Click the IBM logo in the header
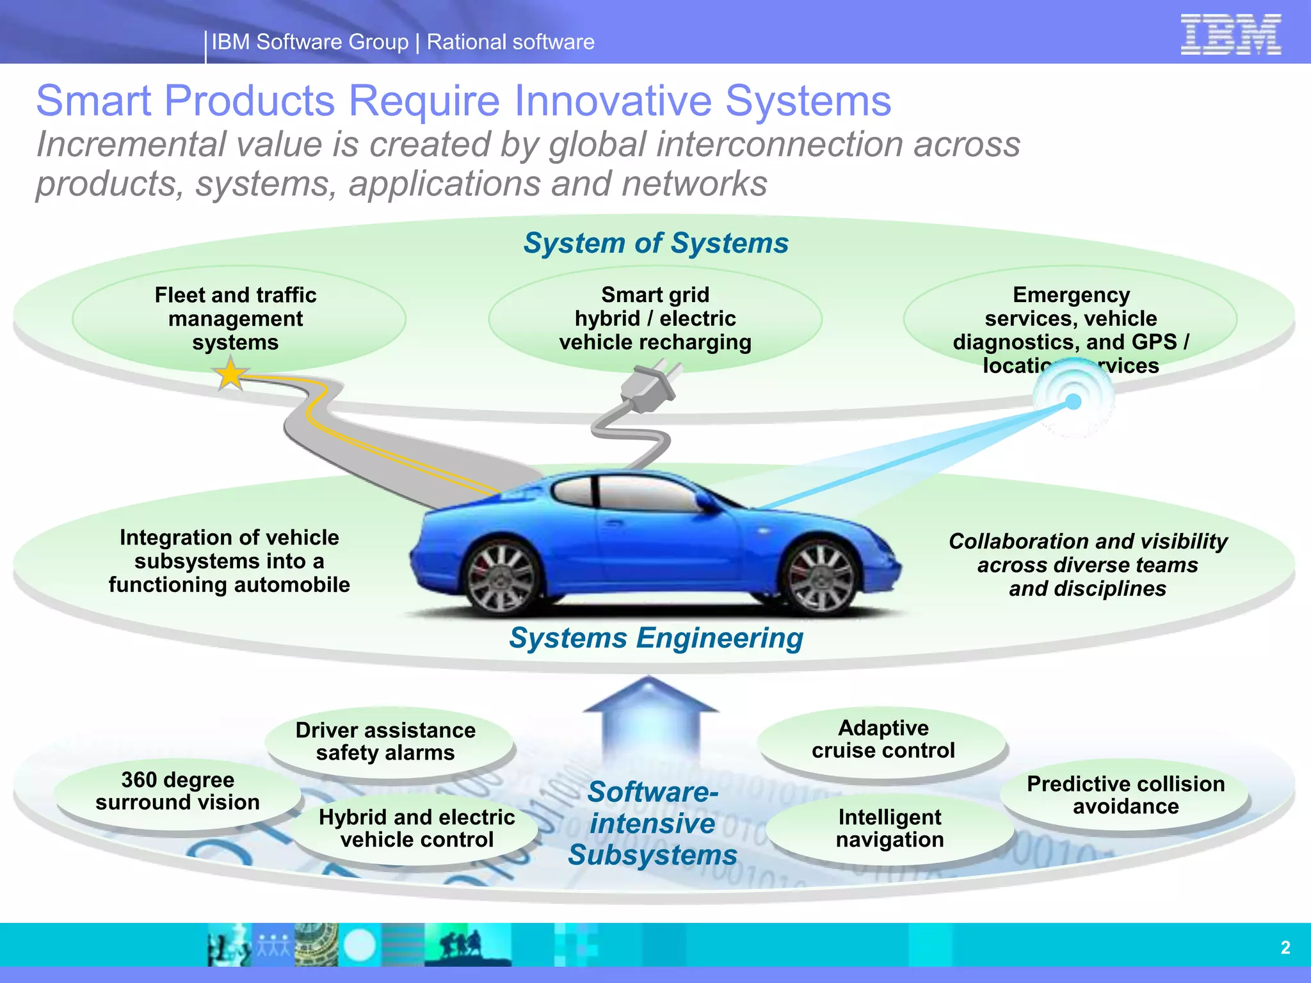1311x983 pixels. [1230, 35]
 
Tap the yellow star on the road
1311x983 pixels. [230, 374]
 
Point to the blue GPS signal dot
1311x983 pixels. [1074, 402]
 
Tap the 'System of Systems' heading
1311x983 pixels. [655, 243]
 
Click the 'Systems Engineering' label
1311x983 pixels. [655, 638]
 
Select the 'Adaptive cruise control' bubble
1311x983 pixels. [883, 740]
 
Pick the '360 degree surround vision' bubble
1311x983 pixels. [177, 792]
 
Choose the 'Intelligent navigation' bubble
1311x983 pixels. [890, 829]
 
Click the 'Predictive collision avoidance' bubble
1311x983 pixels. [1125, 795]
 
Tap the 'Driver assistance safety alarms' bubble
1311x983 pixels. [385, 742]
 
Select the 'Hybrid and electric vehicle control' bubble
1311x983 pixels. [417, 829]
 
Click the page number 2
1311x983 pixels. [1285, 948]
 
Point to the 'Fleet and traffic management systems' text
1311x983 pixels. [236, 319]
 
